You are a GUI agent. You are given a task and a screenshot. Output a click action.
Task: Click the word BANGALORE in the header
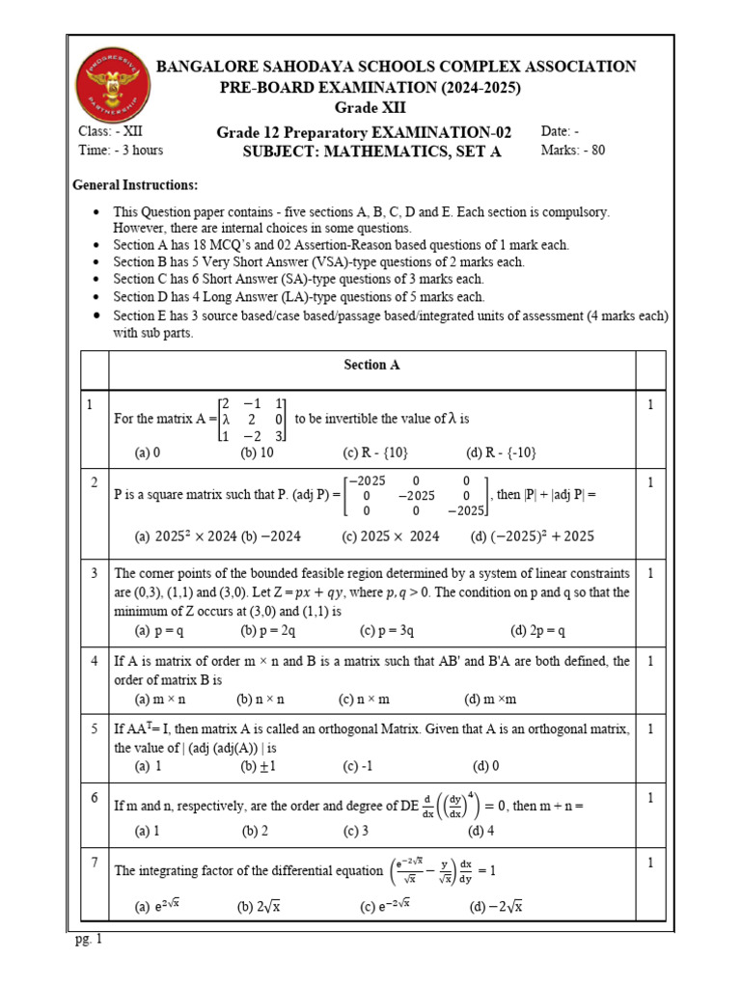point(202,67)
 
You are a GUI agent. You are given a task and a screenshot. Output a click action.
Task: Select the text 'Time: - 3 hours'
point(121,150)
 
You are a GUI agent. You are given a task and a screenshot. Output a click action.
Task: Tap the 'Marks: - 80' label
point(573,150)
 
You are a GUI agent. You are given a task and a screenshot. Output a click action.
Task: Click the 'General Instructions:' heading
point(136,184)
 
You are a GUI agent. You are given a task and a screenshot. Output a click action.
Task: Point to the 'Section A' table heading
point(371,365)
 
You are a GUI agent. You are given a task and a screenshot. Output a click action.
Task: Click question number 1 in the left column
point(88,405)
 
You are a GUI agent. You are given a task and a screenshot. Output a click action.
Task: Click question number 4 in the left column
point(95,661)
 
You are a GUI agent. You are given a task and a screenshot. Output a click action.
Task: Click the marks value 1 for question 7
point(650,863)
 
